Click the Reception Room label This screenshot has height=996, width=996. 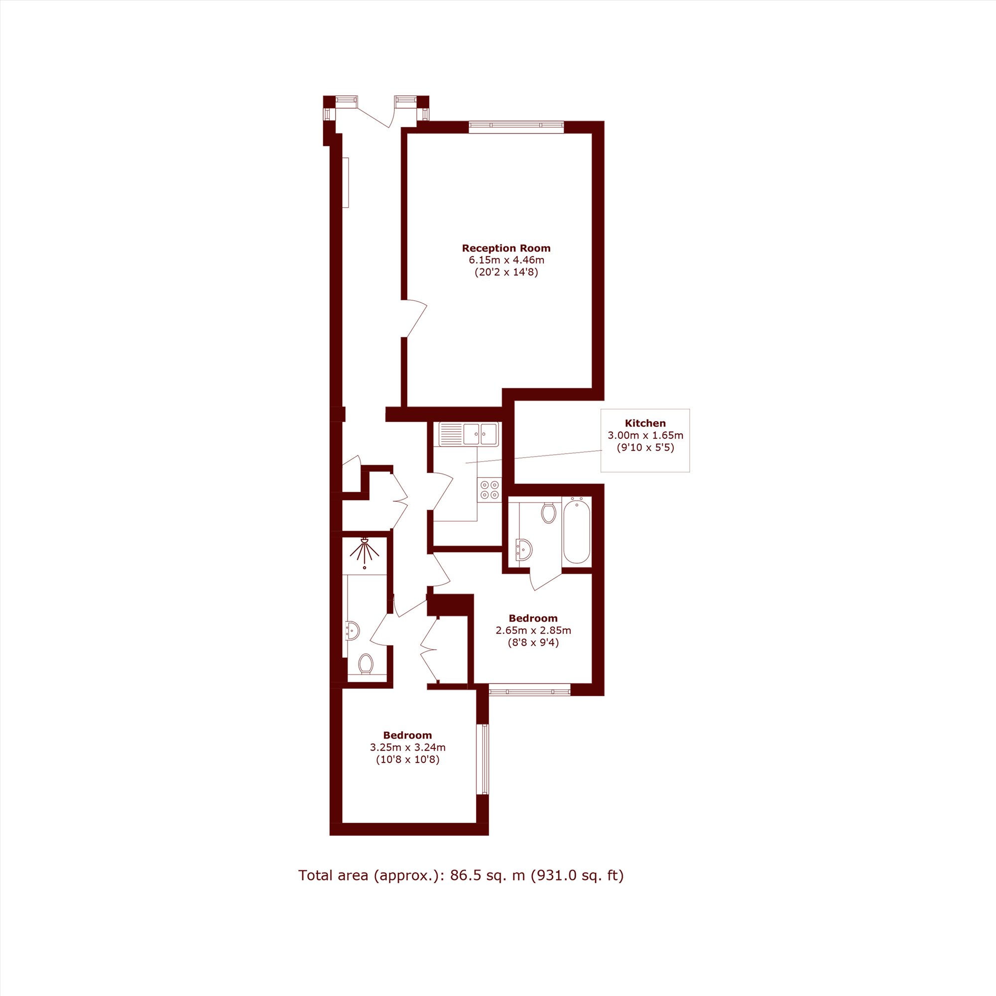pyautogui.click(x=506, y=249)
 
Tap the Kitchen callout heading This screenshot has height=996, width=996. pyautogui.click(x=645, y=424)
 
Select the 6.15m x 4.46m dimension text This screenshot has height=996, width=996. pyautogui.click(x=506, y=260)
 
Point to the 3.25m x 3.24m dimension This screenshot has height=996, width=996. pyautogui.click(x=407, y=747)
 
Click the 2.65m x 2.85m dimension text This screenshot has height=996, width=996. pyautogui.click(x=533, y=630)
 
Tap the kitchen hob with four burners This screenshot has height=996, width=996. pyautogui.click(x=489, y=490)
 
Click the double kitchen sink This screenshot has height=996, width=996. pyautogui.click(x=469, y=434)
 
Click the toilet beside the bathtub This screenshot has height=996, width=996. pyautogui.click(x=548, y=512)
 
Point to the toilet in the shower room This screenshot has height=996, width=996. pyautogui.click(x=366, y=663)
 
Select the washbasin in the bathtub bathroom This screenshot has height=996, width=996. pyautogui.click(x=523, y=549)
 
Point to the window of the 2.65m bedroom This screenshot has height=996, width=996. pyautogui.click(x=530, y=690)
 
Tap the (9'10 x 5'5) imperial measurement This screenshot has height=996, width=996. pyautogui.click(x=645, y=448)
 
